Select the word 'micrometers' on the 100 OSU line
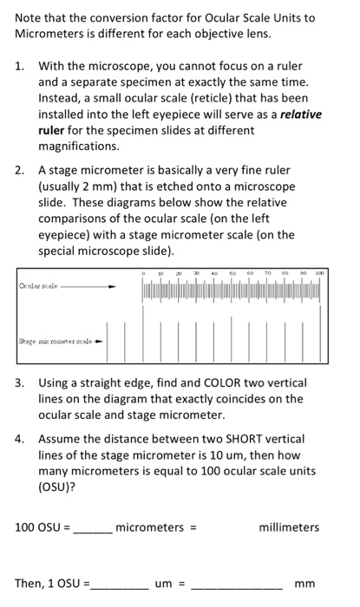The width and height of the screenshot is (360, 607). [x=149, y=526]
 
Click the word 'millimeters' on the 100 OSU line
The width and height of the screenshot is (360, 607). [x=289, y=526]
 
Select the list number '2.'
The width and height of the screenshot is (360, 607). [x=21, y=170]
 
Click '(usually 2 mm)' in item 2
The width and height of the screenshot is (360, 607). [x=79, y=186]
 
